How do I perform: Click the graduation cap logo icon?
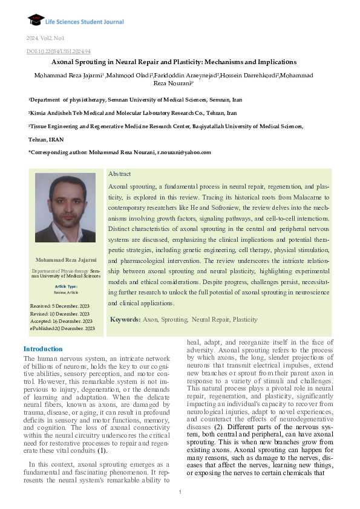click(36, 20)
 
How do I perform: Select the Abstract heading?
click(119, 173)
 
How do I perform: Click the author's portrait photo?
click(65, 208)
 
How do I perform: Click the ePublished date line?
click(62, 328)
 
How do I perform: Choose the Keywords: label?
click(125, 319)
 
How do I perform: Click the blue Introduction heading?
click(43, 349)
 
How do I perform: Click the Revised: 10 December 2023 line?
click(60, 314)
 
